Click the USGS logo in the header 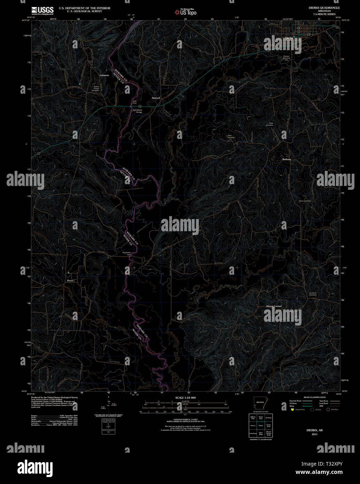(x=42, y=10)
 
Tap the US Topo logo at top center (x=186, y=12)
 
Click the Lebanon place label (x=104, y=75)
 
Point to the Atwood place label (x=156, y=98)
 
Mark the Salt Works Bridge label (x=138, y=111)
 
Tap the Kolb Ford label (x=135, y=102)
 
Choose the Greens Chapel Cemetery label (x=96, y=88)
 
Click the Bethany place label (x=287, y=159)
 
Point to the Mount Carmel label (x=274, y=306)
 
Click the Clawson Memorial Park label (x=287, y=58)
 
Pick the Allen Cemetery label (x=231, y=136)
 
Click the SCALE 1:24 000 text (x=185, y=398)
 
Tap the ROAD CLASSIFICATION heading (x=314, y=397)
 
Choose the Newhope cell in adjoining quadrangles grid (x=268, y=417)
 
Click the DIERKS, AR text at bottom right (x=314, y=430)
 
